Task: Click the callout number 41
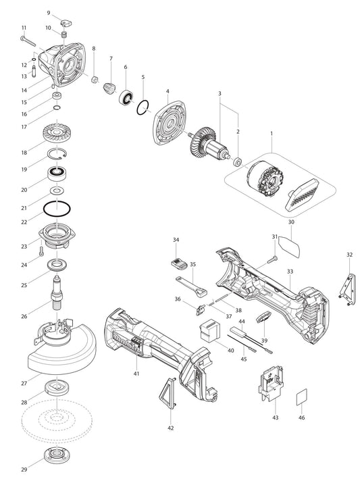click(x=136, y=374)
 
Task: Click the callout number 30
click(x=291, y=222)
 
